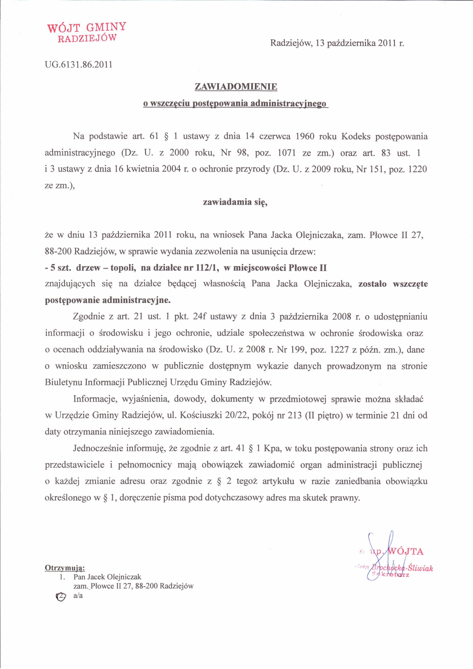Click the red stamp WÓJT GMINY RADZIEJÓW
click(x=87, y=32)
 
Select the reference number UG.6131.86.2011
click(x=78, y=64)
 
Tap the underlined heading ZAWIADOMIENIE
click(x=236, y=87)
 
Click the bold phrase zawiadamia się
click(x=235, y=202)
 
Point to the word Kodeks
click(x=356, y=136)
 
